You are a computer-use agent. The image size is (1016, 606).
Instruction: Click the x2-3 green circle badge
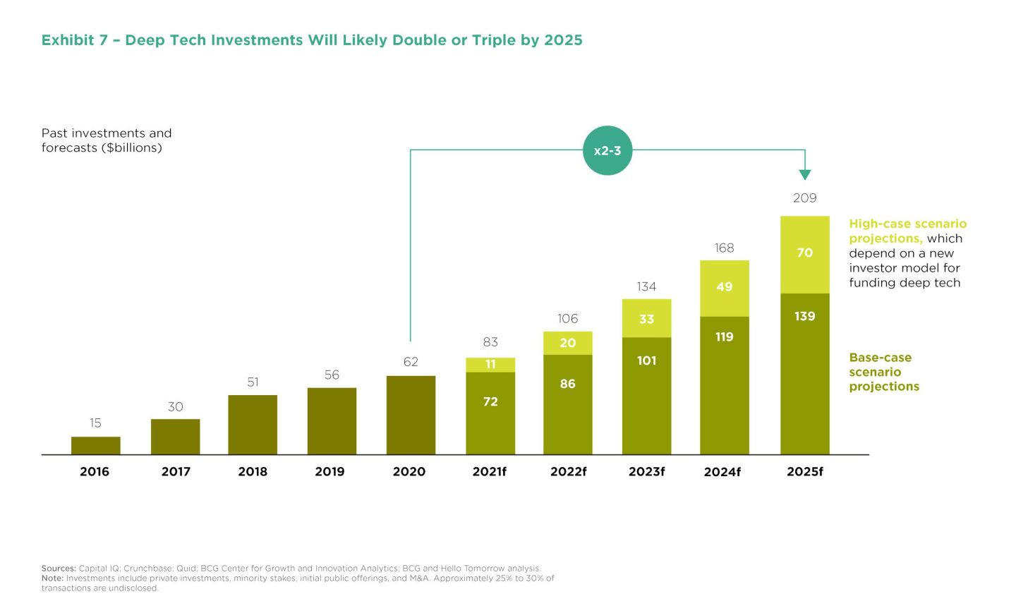pos(607,150)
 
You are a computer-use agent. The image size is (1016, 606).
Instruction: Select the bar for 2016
pos(96,445)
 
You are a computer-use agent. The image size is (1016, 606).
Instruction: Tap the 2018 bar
pos(253,424)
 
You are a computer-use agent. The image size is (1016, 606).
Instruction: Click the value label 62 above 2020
pos(411,362)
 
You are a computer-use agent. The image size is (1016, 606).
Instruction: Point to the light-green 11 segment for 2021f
pos(490,364)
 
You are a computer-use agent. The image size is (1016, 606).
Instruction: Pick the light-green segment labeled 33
pos(646,318)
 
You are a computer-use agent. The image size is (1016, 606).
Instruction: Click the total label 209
pos(804,198)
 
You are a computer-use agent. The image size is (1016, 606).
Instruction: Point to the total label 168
pos(724,248)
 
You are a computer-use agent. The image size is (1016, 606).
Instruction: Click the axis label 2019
pos(329,472)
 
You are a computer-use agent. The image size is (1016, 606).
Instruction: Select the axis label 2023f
pos(646,472)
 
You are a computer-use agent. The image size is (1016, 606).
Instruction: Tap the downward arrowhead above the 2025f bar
pos(805,174)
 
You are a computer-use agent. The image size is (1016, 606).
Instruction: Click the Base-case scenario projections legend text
pos(883,372)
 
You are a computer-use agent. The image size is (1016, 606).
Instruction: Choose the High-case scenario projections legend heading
pos(907,231)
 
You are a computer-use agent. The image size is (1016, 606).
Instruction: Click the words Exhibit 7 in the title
pos(74,40)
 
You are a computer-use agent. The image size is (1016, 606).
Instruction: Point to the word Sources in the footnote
pos(58,568)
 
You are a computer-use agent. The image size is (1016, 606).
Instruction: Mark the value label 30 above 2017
pos(175,407)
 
